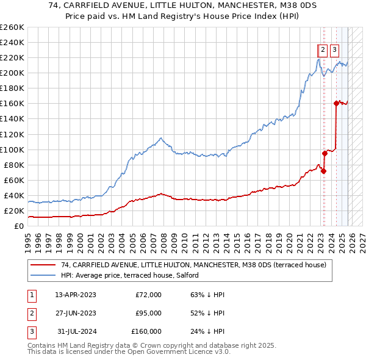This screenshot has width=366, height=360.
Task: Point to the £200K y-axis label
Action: pos(12,73)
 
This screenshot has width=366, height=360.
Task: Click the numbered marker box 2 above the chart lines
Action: pos(322,51)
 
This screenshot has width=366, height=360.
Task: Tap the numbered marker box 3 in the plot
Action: pos(335,51)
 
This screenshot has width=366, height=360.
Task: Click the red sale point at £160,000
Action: pos(336,103)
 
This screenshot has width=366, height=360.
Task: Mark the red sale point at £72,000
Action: pos(323,171)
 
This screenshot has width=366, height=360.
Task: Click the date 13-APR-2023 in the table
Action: pos(76,295)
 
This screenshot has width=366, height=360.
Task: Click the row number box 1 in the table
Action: pos(32,295)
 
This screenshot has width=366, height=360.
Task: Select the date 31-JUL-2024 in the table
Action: pos(76,331)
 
